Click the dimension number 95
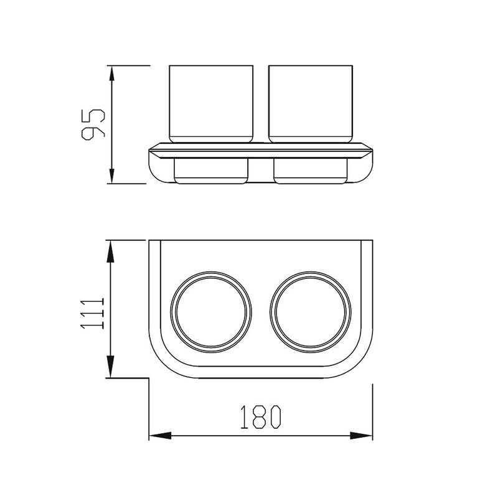[93, 125]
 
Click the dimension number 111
[92, 313]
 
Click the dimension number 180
[261, 417]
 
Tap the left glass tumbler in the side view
[211, 104]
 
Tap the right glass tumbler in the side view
[310, 104]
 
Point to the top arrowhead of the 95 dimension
[111, 73]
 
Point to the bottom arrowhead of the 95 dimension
[111, 176]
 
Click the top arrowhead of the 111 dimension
[110, 251]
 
